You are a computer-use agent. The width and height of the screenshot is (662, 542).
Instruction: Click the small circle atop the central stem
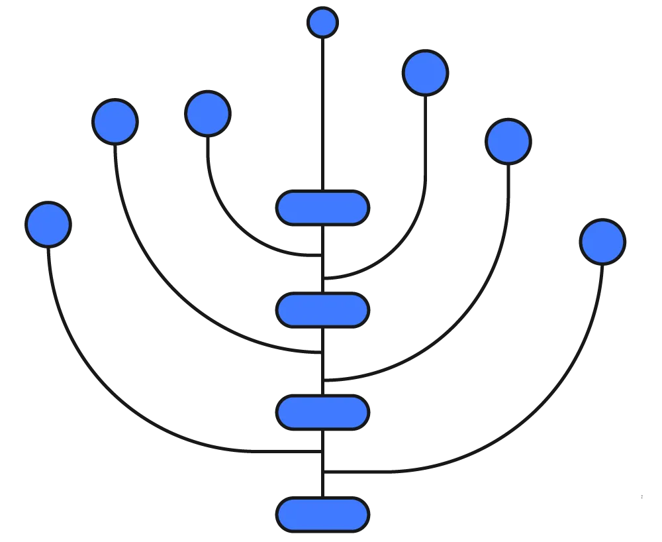[322, 23]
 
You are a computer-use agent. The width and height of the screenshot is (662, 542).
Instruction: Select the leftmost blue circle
[48, 224]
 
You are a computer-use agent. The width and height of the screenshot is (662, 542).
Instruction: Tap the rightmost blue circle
[602, 241]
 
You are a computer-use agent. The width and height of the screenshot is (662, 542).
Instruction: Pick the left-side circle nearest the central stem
[207, 113]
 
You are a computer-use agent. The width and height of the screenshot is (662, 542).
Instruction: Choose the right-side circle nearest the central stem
[424, 72]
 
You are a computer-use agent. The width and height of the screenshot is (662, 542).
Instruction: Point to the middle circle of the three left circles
[115, 121]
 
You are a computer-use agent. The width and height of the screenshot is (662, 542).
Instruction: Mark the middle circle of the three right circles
[508, 141]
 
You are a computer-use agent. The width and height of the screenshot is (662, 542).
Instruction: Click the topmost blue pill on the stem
[322, 208]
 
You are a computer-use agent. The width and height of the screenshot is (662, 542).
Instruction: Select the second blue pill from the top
[322, 310]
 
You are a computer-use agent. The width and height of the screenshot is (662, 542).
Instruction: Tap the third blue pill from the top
[322, 413]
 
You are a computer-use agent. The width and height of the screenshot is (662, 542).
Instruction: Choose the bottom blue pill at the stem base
[322, 514]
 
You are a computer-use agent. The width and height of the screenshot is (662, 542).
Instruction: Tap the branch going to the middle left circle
[165, 278]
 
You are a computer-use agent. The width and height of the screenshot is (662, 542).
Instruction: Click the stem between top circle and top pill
[322, 113]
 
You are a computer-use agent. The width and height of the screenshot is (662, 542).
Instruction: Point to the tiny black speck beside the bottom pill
[643, 498]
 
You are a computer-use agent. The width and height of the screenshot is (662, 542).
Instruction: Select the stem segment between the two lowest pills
[322, 464]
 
